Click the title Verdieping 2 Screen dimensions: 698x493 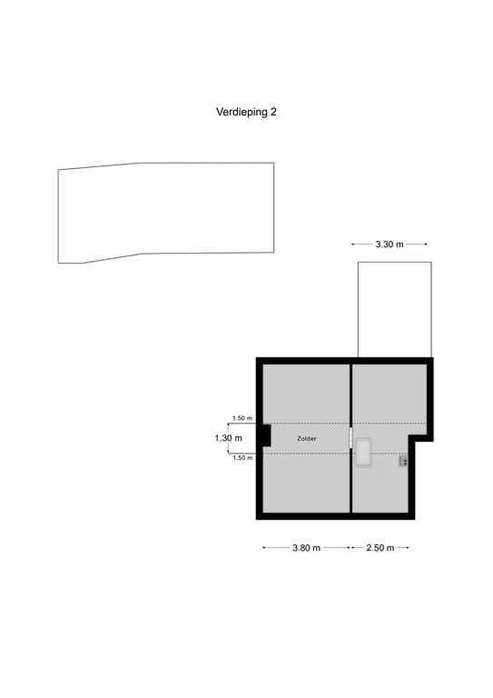[245, 113]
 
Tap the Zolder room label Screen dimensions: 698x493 [307, 438]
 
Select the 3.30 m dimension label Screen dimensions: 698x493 [389, 244]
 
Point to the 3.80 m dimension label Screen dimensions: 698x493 [306, 548]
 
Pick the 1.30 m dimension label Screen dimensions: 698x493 [228, 438]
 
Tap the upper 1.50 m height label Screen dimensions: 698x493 [242, 418]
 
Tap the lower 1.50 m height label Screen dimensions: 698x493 [242, 458]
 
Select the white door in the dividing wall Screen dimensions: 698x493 [350, 438]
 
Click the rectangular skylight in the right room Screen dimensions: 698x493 [365, 453]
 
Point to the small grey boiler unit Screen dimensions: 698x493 [402, 462]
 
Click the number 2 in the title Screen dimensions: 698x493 [272, 113]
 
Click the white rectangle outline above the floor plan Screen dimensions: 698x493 [394, 309]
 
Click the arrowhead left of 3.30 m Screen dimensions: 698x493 [353, 244]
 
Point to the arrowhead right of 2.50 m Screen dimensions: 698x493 [408, 548]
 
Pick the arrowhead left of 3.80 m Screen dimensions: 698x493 [264, 548]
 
